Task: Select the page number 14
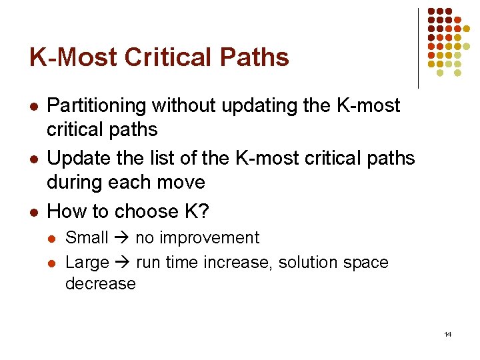(x=447, y=334)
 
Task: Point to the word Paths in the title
(x=255, y=57)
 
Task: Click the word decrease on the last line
(x=100, y=284)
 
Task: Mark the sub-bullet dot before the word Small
(x=53, y=239)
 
